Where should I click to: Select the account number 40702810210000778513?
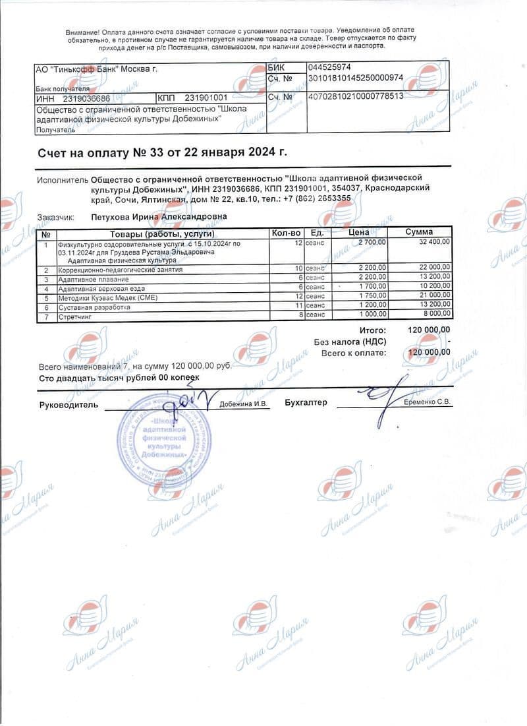[356, 96]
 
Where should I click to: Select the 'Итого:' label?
[373, 329]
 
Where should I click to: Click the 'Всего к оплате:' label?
[354, 352]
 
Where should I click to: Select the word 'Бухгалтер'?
[306, 402]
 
